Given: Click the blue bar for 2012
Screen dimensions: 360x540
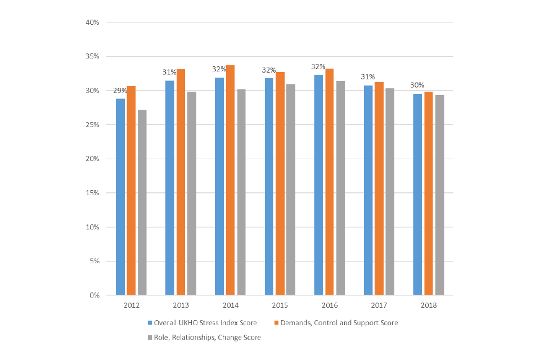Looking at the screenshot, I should pos(120,197).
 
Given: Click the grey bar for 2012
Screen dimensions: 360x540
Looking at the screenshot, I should pos(142,202).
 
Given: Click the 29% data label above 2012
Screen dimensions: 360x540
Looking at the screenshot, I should pos(120,91).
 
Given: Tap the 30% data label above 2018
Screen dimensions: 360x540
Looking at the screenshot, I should pos(417,85).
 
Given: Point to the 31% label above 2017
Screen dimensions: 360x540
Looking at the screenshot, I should pos(368,77).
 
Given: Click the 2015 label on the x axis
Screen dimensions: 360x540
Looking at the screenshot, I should pos(280,305).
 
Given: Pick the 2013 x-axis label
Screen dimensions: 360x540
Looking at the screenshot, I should pos(181,305).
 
